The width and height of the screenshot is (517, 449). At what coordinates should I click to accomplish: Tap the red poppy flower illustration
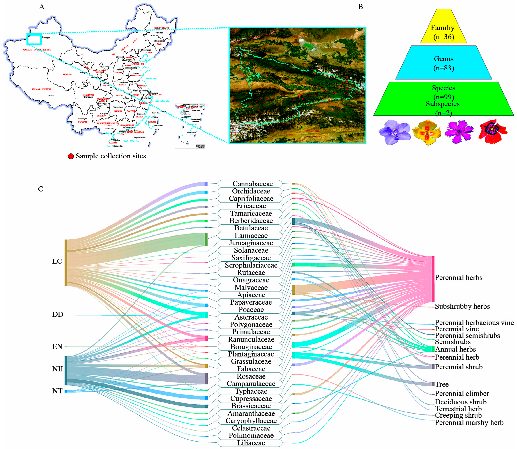(x=492, y=132)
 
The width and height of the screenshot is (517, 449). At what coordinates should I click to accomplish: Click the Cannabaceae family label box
(x=250, y=184)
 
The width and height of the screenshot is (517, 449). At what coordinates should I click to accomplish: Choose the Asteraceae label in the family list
(x=250, y=317)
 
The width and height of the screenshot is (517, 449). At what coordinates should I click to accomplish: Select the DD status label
(x=57, y=314)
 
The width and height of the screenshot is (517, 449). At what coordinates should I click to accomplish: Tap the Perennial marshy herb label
(x=469, y=422)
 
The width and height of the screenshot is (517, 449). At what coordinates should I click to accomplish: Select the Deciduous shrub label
(x=460, y=402)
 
